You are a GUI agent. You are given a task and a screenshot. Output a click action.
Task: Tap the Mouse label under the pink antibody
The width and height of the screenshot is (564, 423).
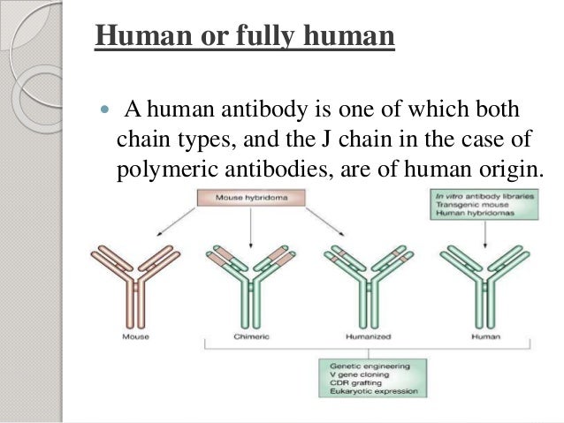pyautogui.click(x=135, y=337)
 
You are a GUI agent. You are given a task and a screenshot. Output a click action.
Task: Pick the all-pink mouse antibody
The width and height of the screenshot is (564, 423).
pyautogui.click(x=135, y=283)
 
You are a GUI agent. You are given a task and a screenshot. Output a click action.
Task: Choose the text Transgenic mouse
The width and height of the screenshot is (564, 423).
pyautogui.click(x=465, y=205)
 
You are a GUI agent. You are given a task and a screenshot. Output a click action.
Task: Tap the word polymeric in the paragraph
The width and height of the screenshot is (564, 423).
pyautogui.click(x=161, y=170)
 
